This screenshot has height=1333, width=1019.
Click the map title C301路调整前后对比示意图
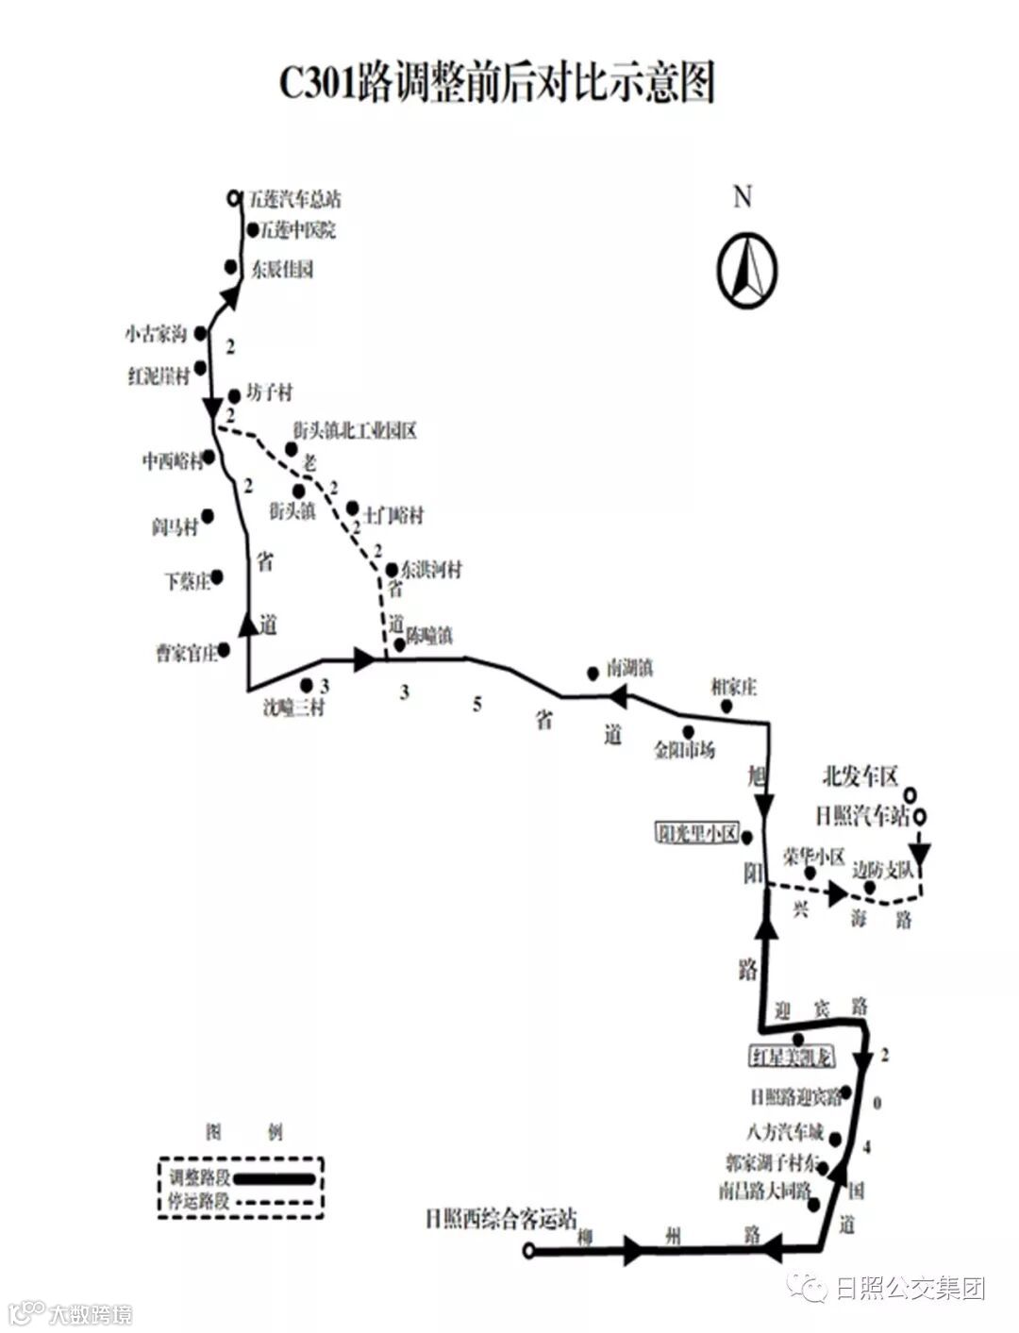(497, 82)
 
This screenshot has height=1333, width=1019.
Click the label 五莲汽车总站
(295, 199)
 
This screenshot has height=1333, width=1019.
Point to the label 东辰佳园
(282, 270)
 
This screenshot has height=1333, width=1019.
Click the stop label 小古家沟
(156, 334)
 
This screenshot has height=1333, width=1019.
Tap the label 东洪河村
(431, 570)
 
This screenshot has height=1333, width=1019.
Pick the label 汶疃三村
(293, 706)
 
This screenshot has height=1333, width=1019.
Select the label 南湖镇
(630, 669)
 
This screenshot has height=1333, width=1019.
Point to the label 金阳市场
(685, 750)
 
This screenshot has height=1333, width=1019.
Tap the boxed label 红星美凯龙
(791, 1057)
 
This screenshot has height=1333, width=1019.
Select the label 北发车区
(860, 777)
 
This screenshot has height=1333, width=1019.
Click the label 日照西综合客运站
(501, 1219)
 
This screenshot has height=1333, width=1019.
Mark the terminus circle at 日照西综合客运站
(528, 1252)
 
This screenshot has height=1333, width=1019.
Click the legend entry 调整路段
(199, 1177)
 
